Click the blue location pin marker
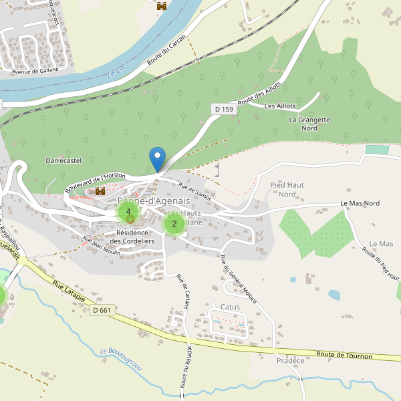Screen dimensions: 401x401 coord(157,158)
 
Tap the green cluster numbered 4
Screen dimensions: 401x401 coord(128,212)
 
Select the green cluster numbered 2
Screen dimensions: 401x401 coord(174,224)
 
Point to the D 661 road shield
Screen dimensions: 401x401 coord(103,310)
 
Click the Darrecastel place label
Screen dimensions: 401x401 coord(63,161)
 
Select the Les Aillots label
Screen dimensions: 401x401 coord(279,106)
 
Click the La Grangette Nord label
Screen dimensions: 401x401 coord(309,124)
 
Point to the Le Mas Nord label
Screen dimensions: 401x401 coord(360,203)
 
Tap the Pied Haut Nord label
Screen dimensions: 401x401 coord(287,189)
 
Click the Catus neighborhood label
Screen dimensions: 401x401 coord(230,307)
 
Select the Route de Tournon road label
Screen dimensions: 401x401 coord(344,356)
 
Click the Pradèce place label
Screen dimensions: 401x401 coord(290,361)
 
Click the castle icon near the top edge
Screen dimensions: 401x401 coord(161,6)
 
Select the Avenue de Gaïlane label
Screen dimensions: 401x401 coord(35,70)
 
